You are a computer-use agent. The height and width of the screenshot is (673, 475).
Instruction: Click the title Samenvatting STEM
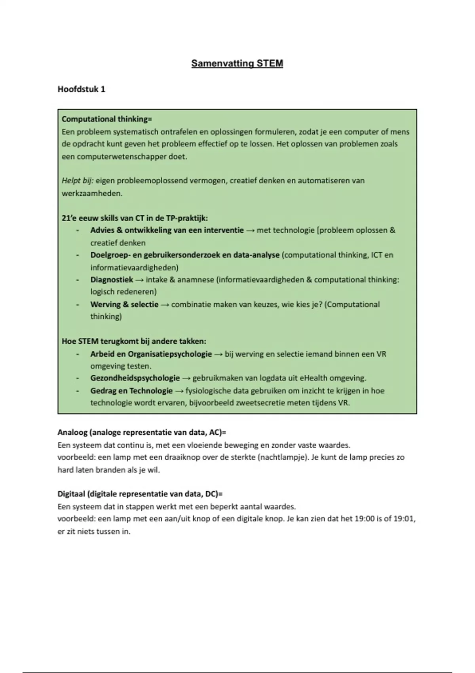click(x=237, y=63)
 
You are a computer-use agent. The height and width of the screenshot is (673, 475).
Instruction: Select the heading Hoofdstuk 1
click(x=82, y=89)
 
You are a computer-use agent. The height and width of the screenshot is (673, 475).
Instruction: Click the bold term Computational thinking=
click(x=106, y=119)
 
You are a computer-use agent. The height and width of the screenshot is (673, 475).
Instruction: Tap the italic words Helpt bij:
click(x=77, y=181)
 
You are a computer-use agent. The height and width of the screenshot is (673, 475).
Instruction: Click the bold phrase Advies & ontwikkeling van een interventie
click(x=167, y=230)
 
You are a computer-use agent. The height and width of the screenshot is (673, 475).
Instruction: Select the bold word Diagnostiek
click(x=112, y=279)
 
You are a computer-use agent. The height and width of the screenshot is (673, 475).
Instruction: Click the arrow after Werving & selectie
click(x=165, y=304)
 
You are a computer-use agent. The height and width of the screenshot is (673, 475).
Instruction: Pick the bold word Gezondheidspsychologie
click(x=135, y=378)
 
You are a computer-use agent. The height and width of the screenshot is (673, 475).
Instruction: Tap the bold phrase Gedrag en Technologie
click(x=131, y=391)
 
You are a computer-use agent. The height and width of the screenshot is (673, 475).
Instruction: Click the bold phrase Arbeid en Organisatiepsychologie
click(x=151, y=354)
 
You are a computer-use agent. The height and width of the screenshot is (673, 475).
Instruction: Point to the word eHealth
click(x=313, y=378)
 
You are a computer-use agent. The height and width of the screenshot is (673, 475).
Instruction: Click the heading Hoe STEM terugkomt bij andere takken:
click(x=134, y=341)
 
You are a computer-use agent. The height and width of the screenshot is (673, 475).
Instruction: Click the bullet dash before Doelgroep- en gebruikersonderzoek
click(x=78, y=255)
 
